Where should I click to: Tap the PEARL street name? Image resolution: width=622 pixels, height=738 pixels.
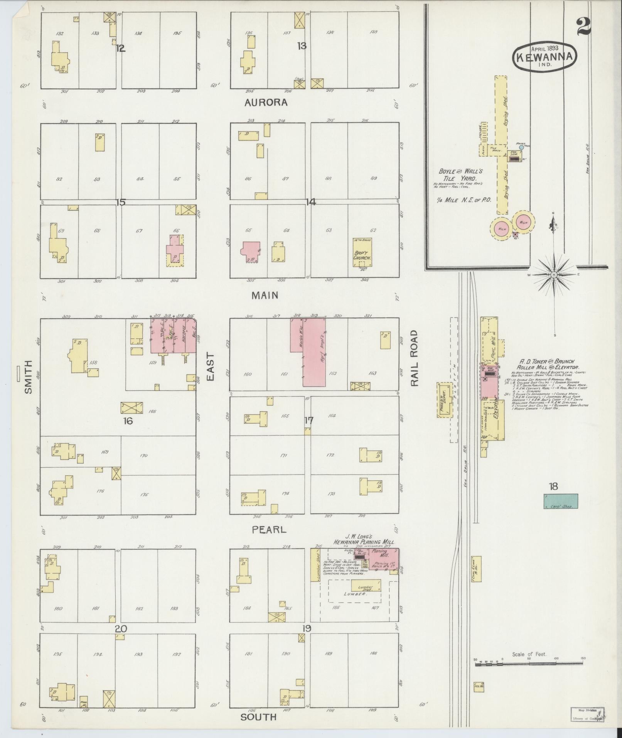pyautogui.click(x=269, y=530)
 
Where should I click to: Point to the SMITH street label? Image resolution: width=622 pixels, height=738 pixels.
pyautogui.click(x=28, y=377)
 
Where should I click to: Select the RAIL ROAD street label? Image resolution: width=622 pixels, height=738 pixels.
pyautogui.click(x=414, y=358)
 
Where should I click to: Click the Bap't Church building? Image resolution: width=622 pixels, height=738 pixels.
pyautogui.click(x=362, y=253)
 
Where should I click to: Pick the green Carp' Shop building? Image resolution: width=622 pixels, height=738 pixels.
pyautogui.click(x=560, y=501)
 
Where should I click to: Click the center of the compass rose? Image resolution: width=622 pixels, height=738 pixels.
pyautogui.click(x=554, y=275)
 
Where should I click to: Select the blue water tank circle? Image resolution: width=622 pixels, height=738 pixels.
pyautogui.click(x=521, y=147)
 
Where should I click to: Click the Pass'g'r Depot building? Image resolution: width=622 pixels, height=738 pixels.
pyautogui.click(x=444, y=400)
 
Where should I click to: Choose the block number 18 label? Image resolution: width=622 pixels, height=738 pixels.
pyautogui.click(x=553, y=486)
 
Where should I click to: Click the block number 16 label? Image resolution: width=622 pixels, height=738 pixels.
pyautogui.click(x=128, y=421)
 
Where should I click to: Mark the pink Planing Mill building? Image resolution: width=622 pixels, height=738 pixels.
pyautogui.click(x=384, y=558)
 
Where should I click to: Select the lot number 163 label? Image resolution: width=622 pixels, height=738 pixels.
pyautogui.click(x=373, y=373)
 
